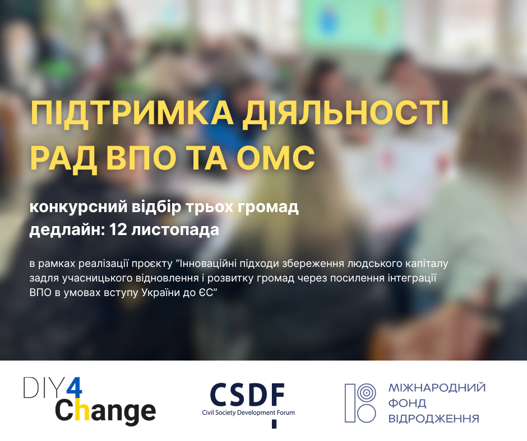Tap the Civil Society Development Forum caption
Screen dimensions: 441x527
(x=248, y=413)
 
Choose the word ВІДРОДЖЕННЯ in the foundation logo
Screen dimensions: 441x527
(x=433, y=418)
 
